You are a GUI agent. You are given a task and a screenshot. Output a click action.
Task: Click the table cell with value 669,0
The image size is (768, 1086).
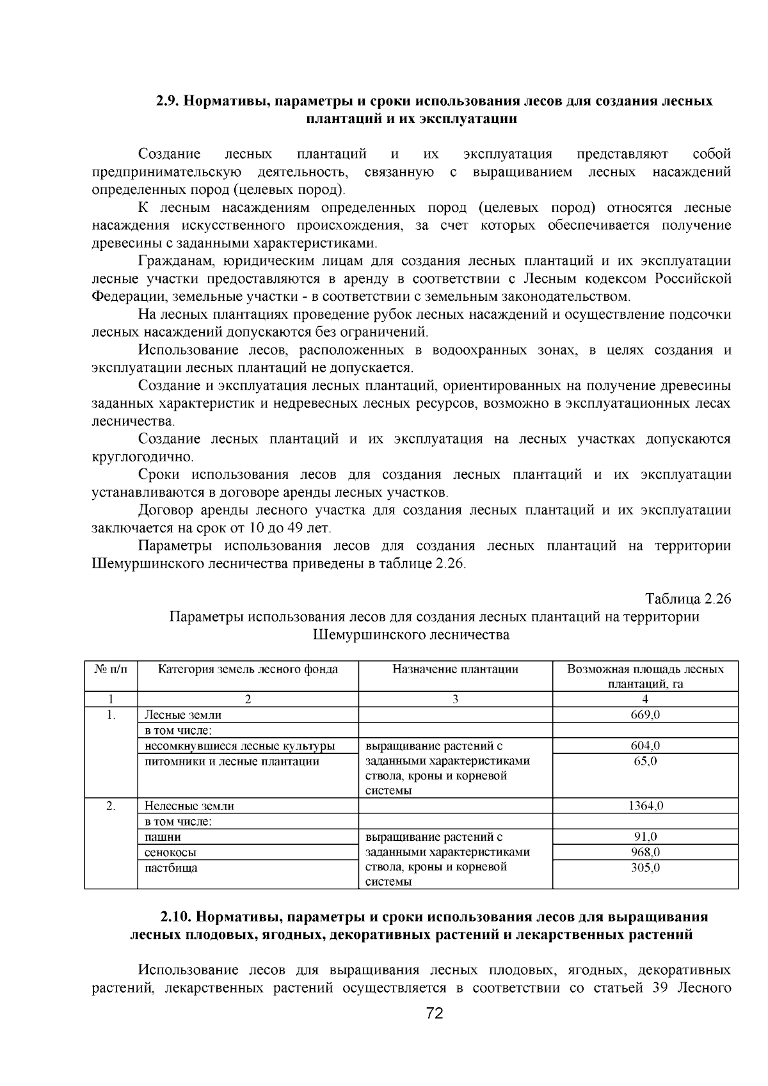[x=645, y=715]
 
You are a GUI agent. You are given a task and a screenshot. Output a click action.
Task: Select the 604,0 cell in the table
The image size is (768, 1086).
[x=645, y=746]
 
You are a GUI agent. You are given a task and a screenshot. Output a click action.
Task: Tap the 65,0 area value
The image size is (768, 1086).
[x=645, y=761]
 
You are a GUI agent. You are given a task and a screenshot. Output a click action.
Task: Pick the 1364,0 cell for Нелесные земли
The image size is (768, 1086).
[x=645, y=806]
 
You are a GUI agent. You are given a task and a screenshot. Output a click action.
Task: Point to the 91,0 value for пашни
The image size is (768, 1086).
[x=645, y=836]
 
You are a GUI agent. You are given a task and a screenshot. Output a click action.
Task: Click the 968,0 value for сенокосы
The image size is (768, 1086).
[x=645, y=852]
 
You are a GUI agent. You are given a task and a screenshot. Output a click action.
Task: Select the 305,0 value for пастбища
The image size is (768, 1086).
[x=645, y=868]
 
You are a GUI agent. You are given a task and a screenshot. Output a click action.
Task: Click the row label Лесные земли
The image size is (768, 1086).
[x=183, y=715]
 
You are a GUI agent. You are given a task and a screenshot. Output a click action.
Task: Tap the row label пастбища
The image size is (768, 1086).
[x=171, y=868]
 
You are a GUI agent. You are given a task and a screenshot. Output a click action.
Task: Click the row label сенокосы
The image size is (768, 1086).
[x=170, y=852]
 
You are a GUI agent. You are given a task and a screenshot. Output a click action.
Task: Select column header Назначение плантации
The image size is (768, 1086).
[x=455, y=669]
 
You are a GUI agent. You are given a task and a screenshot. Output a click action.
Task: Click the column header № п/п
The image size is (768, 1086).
[x=111, y=669]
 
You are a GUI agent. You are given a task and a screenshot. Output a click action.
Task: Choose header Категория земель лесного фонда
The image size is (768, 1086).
[x=248, y=669]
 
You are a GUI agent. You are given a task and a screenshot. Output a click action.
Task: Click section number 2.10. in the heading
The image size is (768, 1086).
[x=177, y=916]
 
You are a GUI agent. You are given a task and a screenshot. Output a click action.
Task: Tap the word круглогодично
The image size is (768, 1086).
[x=142, y=457]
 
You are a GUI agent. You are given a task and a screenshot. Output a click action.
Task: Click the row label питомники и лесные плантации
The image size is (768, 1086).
[x=232, y=761]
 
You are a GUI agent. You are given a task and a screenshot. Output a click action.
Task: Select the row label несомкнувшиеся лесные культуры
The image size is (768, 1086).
[x=239, y=746]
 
